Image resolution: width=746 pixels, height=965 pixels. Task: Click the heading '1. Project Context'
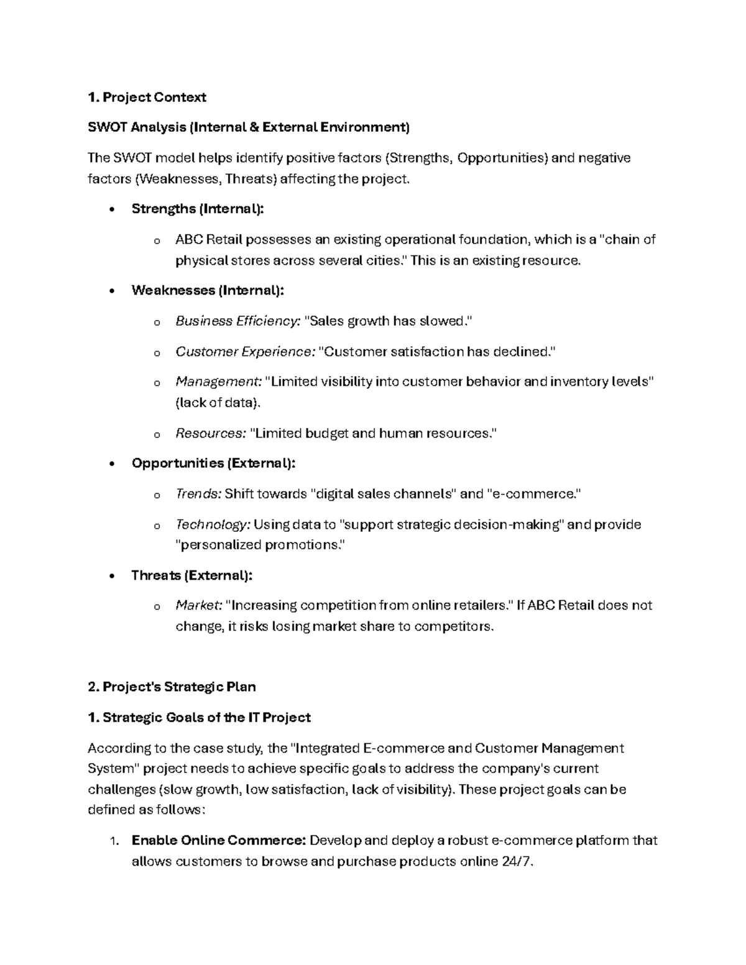point(147,98)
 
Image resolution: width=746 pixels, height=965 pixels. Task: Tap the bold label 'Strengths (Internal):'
point(198,209)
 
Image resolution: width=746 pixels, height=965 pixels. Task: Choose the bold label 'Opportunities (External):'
point(213,464)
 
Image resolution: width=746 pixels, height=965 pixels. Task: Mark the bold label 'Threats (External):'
point(191,575)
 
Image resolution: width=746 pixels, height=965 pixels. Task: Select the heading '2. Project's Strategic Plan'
point(172,687)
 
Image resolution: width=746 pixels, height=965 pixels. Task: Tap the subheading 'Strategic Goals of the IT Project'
point(206,718)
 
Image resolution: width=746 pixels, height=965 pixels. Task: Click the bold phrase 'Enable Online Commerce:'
point(218,841)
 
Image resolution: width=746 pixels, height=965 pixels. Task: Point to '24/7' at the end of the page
point(516,862)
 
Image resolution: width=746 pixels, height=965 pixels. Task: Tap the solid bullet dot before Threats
point(111,576)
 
